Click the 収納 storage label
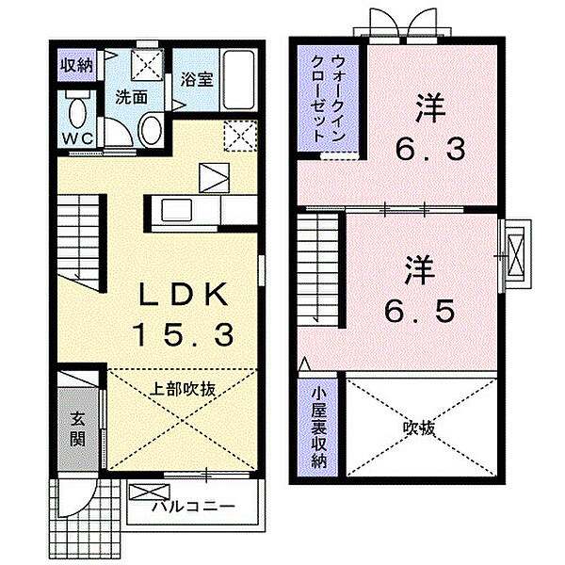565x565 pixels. click(x=76, y=66)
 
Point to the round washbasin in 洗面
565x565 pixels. click(x=150, y=130)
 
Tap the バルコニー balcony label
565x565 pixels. click(x=193, y=507)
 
